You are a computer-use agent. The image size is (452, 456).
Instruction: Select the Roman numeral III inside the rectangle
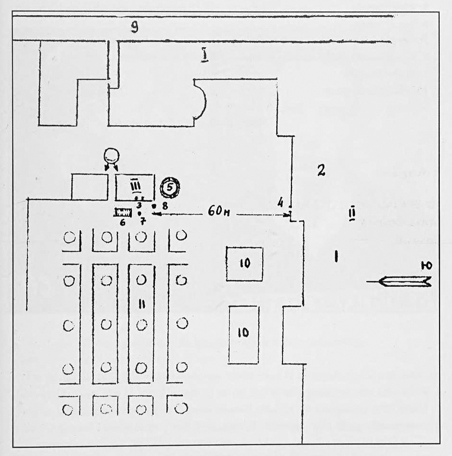(135, 186)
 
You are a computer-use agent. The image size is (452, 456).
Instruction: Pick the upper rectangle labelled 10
(244, 264)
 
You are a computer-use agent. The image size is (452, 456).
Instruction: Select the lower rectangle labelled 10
(243, 334)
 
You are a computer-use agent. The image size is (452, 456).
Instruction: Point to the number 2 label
(321, 171)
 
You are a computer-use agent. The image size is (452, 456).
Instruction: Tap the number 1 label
(335, 257)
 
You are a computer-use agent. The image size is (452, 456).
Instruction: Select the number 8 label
(165, 206)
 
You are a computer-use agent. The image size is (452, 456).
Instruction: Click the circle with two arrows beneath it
(112, 155)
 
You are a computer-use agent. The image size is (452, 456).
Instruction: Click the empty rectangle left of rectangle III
(89, 186)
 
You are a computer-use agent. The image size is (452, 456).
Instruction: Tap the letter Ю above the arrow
(426, 265)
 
